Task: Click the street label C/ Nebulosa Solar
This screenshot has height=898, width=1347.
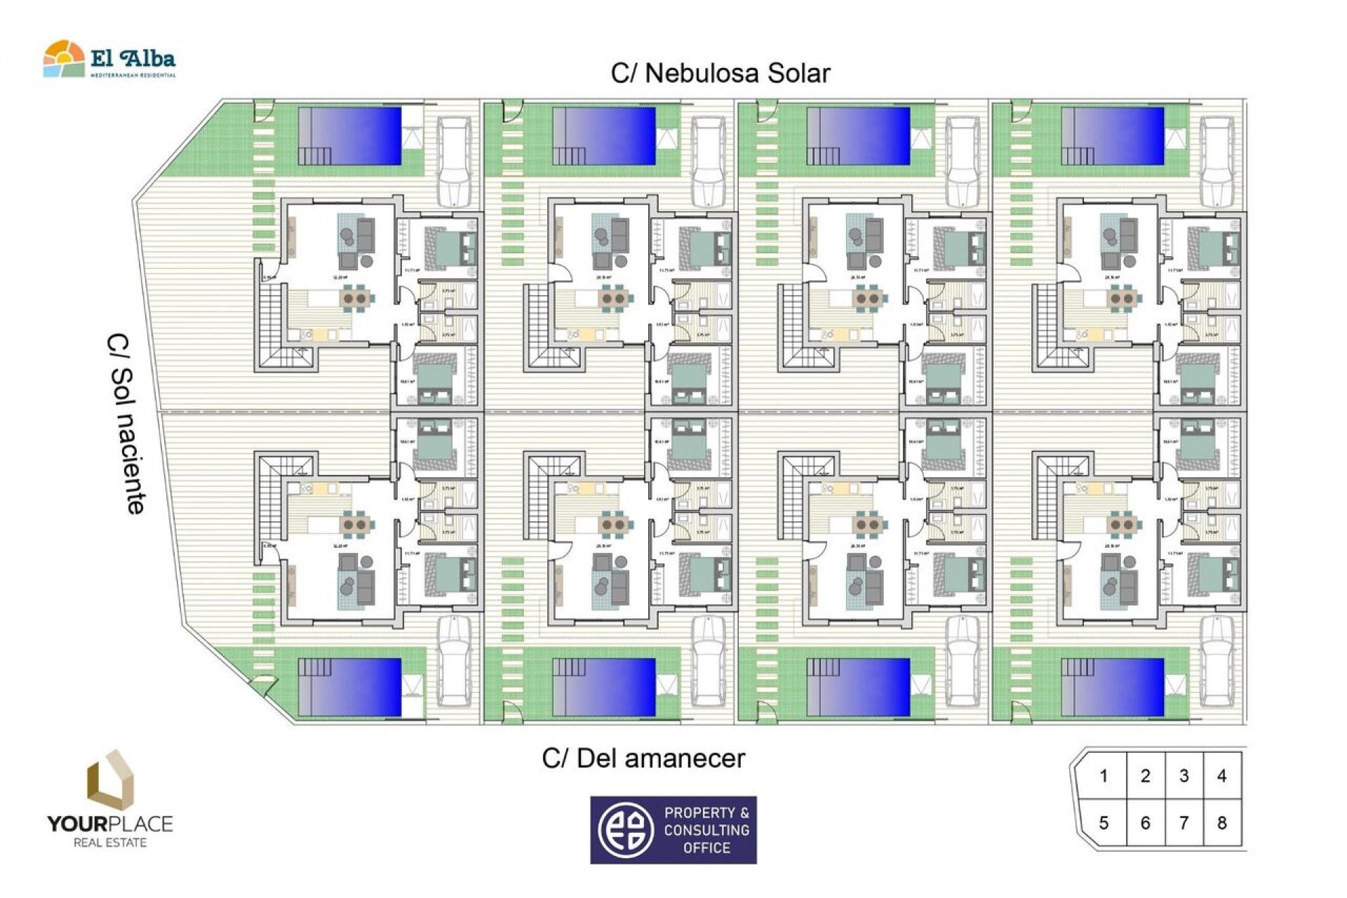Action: pyautogui.click(x=721, y=73)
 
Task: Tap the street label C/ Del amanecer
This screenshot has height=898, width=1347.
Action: pyautogui.click(x=643, y=758)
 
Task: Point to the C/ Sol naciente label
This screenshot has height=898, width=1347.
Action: pyautogui.click(x=128, y=423)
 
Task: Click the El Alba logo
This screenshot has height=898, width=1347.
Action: pyautogui.click(x=109, y=60)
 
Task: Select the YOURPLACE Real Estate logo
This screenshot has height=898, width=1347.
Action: pyautogui.click(x=110, y=800)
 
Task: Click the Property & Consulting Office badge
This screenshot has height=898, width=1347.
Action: pyautogui.click(x=673, y=829)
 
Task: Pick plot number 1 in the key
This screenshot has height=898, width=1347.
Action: pyautogui.click(x=1104, y=776)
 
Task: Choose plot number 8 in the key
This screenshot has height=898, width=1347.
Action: pyautogui.click(x=1221, y=822)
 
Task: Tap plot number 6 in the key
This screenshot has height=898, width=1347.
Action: pyautogui.click(x=1145, y=822)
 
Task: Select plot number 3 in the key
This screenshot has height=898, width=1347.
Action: pyautogui.click(x=1184, y=776)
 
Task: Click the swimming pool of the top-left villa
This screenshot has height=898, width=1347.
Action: pyautogui.click(x=350, y=136)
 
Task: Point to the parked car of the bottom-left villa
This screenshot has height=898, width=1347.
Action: pyautogui.click(x=455, y=660)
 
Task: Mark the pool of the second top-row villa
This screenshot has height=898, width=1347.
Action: pyautogui.click(x=604, y=136)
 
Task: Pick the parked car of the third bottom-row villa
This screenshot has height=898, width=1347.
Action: pyautogui.click(x=963, y=660)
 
